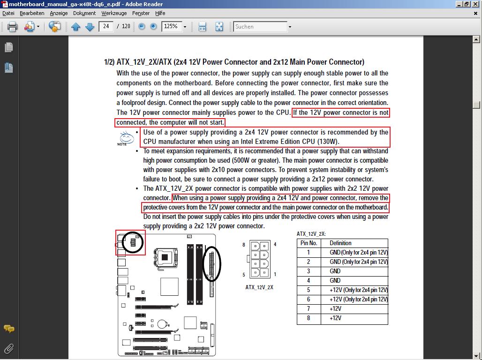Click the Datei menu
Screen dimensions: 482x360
click(x=8, y=13)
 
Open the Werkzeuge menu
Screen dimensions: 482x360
click(x=114, y=13)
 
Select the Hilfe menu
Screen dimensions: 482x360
click(x=160, y=13)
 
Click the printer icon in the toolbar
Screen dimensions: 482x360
click(x=12, y=27)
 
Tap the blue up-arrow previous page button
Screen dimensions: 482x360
click(x=75, y=27)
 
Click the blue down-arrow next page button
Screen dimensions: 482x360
click(x=90, y=27)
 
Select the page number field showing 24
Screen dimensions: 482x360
click(x=106, y=26)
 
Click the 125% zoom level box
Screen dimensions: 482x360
click(x=172, y=26)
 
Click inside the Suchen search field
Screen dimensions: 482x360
click(x=260, y=27)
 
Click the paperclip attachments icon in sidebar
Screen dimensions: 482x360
click(x=9, y=349)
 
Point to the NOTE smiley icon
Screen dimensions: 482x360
click(x=126, y=138)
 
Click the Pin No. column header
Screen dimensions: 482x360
click(x=309, y=243)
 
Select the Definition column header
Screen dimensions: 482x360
click(x=340, y=243)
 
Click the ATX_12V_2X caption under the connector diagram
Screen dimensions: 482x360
click(x=259, y=287)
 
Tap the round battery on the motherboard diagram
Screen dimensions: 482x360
click(x=162, y=324)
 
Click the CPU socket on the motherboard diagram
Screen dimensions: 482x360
click(x=166, y=257)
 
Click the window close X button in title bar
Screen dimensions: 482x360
click(x=476, y=4)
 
